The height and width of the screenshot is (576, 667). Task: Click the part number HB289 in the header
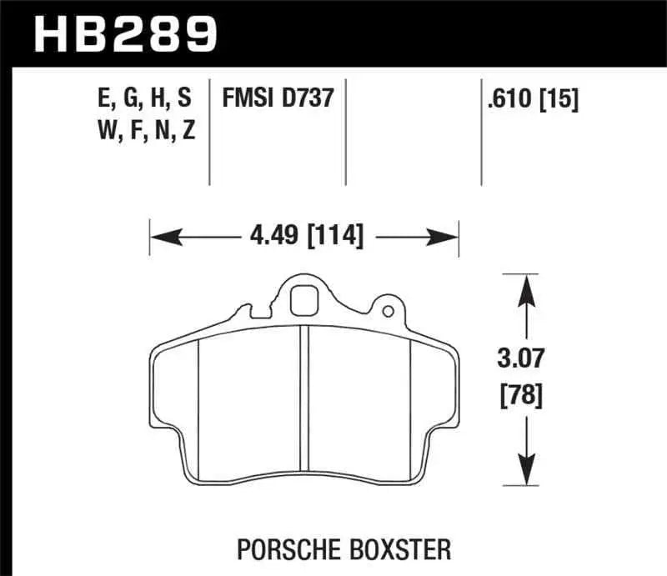coord(124,33)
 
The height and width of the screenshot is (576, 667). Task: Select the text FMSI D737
coord(278,99)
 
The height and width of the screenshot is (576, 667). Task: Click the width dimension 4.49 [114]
coord(306,236)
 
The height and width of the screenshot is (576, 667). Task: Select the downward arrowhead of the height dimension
coord(525,474)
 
